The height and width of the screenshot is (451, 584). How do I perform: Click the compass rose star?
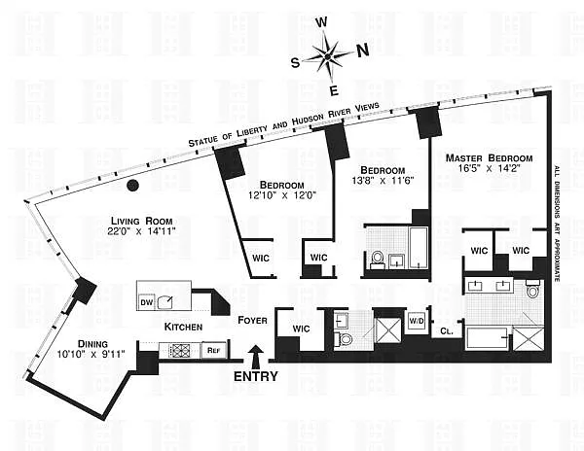[x=328, y=55]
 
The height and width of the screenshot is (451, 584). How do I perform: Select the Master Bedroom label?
[x=489, y=157]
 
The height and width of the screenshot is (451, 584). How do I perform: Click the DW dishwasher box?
[x=148, y=302]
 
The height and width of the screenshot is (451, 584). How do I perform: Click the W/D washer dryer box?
[x=416, y=321]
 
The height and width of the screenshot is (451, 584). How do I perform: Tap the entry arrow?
[x=256, y=357]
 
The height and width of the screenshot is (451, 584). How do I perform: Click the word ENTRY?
[x=256, y=377]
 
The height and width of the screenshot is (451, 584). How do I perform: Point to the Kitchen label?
[x=183, y=327]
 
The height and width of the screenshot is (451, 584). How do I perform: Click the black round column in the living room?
[x=134, y=185]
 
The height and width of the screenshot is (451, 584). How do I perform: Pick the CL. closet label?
[x=446, y=330]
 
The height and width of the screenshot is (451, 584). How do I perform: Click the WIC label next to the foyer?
[x=300, y=329]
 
